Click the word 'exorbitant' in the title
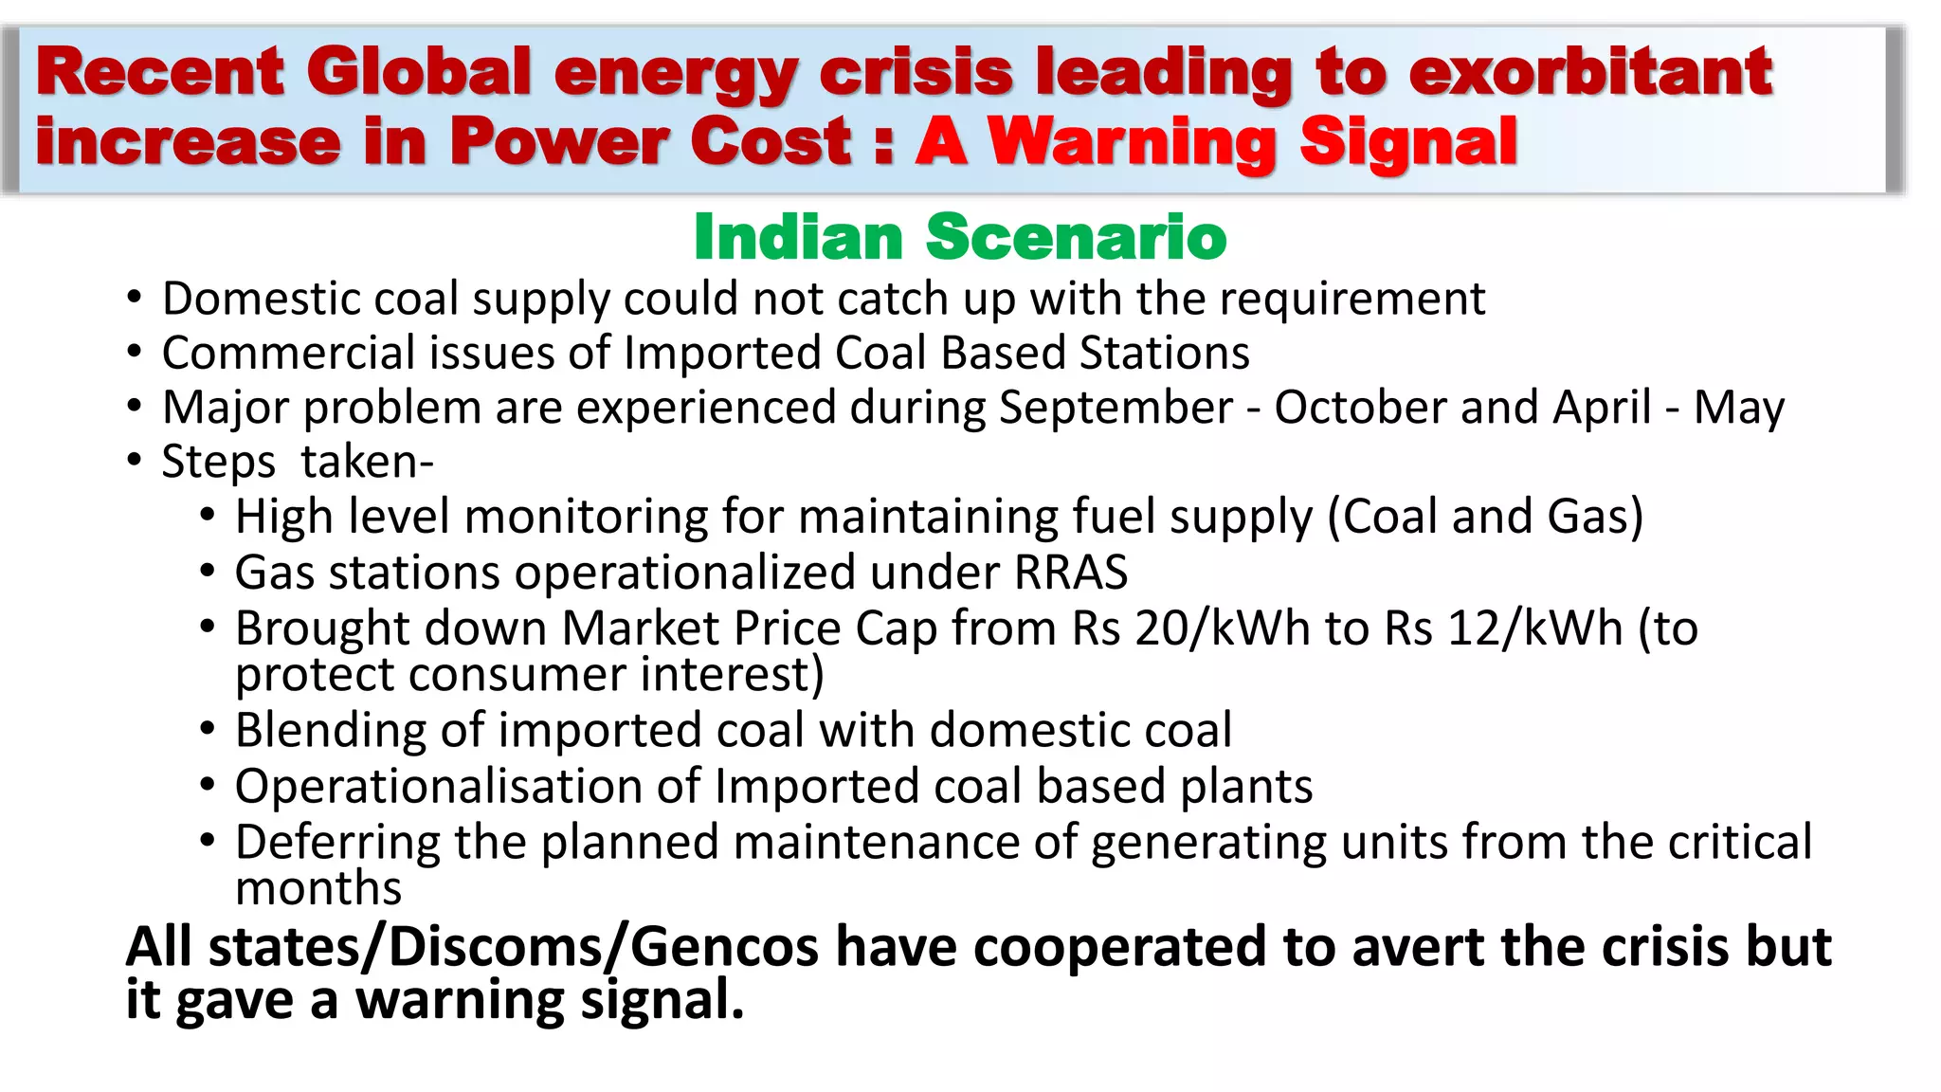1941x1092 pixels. (1589, 72)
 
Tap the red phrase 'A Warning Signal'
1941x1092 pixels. (1216, 142)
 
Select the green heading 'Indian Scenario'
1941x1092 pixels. (959, 237)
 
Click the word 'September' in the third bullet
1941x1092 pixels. (1116, 408)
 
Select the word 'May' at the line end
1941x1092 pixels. (1738, 409)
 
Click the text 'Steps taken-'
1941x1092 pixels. (297, 463)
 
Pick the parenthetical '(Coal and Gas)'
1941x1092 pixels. (1485, 518)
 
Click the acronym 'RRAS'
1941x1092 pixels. (1071, 573)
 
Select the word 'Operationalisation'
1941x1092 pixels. (467, 787)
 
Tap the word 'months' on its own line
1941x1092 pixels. (318, 889)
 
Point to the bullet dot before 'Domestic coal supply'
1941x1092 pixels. (135, 299)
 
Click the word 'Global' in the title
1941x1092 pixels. (418, 72)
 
